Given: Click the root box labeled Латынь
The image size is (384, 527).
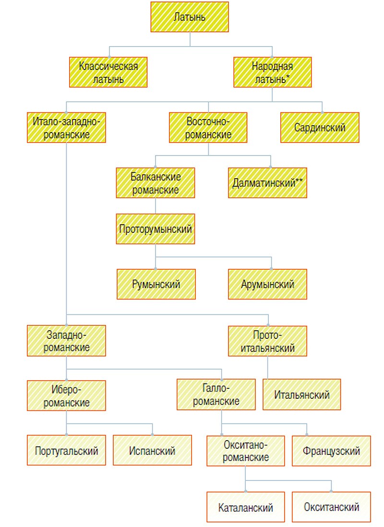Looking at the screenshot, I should [x=190, y=18].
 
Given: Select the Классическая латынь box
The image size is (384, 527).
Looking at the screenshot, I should [x=108, y=72].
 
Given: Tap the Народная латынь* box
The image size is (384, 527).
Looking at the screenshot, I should [x=272, y=72].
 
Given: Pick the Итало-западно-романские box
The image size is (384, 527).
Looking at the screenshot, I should [x=67, y=128].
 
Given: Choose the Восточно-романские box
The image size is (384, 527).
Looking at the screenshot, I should [x=208, y=128].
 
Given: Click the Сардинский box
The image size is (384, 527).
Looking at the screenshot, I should [x=320, y=128].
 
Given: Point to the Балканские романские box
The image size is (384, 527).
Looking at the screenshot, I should [x=156, y=183].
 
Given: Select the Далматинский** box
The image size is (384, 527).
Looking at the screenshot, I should [x=267, y=183].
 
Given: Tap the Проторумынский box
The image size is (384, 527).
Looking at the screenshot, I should [x=156, y=229].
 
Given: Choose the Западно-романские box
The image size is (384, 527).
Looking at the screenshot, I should [x=67, y=341].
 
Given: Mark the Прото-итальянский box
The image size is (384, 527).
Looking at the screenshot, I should [x=267, y=341].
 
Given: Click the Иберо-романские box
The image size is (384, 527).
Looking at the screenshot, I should [x=67, y=395].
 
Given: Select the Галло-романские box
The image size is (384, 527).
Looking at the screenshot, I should [x=216, y=395].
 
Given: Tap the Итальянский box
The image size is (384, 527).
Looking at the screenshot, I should [x=302, y=395].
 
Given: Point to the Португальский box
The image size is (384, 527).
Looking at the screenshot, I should [x=67, y=450].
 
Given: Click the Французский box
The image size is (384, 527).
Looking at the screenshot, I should [x=331, y=450].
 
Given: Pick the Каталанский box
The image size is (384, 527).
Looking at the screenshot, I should [x=245, y=507].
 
